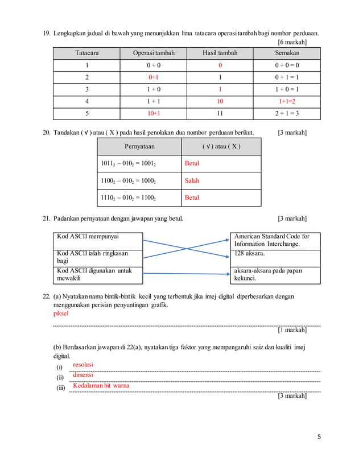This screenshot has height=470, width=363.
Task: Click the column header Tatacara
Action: (x=86, y=53)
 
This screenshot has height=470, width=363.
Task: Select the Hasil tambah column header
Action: (x=220, y=53)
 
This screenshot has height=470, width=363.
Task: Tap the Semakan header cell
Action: (x=287, y=53)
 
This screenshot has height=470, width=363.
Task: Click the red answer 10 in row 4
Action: (x=220, y=101)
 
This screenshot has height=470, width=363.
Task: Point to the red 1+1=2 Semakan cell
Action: (x=287, y=101)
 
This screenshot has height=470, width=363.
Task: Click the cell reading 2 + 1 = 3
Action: (x=287, y=113)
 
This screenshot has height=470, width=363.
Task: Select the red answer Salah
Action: (x=192, y=180)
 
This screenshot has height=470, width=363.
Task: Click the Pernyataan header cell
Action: (x=139, y=146)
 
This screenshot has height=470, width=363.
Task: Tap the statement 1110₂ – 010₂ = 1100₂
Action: (x=128, y=197)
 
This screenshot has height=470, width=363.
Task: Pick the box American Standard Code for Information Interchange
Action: (x=277, y=240)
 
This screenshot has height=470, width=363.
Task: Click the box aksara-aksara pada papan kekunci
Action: (x=277, y=275)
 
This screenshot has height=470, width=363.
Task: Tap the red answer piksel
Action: (x=60, y=313)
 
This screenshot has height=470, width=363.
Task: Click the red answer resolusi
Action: (x=83, y=364)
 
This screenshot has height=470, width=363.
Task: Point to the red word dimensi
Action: (x=82, y=375)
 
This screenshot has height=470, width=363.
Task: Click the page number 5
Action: (x=319, y=436)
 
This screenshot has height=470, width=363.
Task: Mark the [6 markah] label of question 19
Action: (x=292, y=42)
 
